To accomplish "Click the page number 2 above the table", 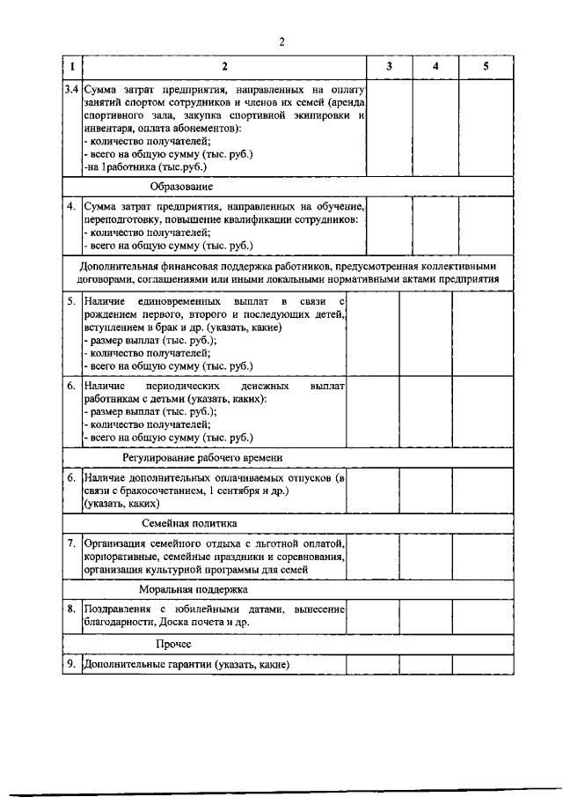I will pos(282,41).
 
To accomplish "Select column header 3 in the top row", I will pos(390,67).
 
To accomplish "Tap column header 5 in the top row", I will pos(485,67).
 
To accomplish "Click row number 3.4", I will pos(72,89).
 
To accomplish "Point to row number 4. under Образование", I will pos(72,206).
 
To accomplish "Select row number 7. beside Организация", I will pos(72,543).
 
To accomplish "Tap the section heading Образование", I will pos(180,187).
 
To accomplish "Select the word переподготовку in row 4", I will pos(122,219).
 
